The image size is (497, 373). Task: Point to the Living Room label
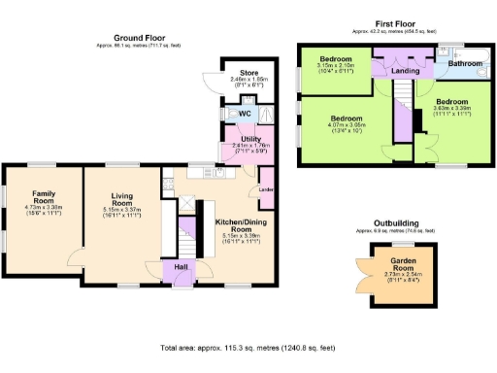[x=122, y=197]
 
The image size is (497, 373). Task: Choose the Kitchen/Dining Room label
[x=237, y=225]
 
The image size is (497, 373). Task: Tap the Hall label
[x=181, y=266]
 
